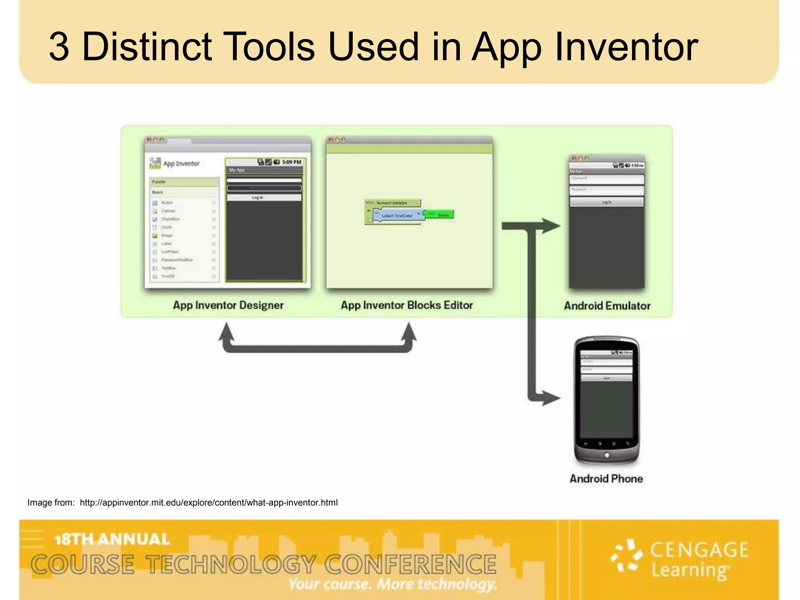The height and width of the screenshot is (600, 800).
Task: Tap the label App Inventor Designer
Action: pos(228,305)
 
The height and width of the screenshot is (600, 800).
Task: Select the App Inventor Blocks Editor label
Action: pos(407,305)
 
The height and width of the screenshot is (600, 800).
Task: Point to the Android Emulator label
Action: pos(607,306)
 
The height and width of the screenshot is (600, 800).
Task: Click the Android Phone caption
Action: pos(606,479)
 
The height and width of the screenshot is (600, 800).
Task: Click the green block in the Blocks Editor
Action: pos(439,214)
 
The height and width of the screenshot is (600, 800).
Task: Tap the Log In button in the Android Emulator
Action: pos(606,202)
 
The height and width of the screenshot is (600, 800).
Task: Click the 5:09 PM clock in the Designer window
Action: pos(291,162)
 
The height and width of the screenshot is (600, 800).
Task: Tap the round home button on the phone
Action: pos(606,455)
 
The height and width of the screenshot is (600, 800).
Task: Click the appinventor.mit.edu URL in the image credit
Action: pos(209,503)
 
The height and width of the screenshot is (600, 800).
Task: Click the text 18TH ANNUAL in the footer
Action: pos(112,539)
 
